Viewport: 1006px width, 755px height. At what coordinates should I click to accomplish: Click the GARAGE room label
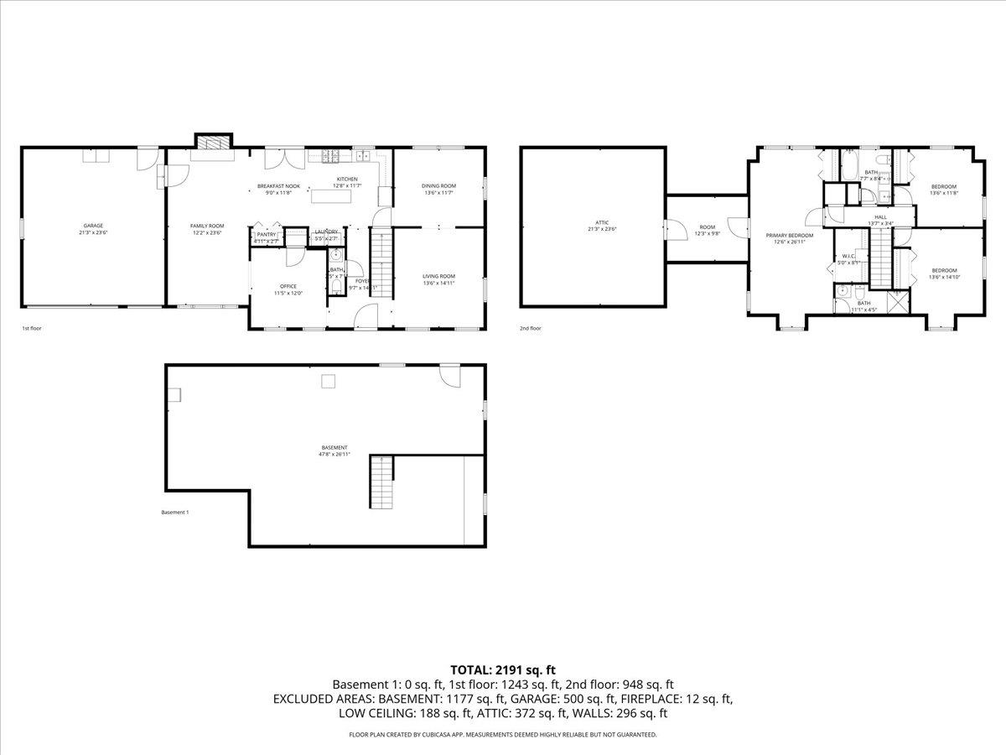(x=94, y=226)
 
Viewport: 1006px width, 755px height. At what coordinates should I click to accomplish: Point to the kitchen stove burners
(x=329, y=155)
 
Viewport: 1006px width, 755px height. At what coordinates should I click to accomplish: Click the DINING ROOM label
(x=438, y=185)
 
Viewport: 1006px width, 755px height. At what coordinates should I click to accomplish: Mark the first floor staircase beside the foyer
(x=381, y=261)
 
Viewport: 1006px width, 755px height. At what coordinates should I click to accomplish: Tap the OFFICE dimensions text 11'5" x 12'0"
(x=288, y=294)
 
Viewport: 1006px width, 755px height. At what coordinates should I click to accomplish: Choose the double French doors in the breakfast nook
(x=277, y=159)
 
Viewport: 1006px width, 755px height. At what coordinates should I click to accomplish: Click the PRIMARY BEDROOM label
(x=790, y=236)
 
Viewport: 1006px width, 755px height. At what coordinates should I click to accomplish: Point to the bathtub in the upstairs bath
(x=848, y=165)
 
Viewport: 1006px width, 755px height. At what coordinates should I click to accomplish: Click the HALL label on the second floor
(x=880, y=217)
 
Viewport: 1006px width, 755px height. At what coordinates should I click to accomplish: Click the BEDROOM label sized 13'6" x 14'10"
(x=943, y=270)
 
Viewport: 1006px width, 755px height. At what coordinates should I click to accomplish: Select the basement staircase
(x=381, y=482)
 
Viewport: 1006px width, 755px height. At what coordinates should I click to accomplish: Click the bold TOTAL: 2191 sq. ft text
(x=503, y=669)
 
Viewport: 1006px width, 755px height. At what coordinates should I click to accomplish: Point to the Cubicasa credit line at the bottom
(x=503, y=735)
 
